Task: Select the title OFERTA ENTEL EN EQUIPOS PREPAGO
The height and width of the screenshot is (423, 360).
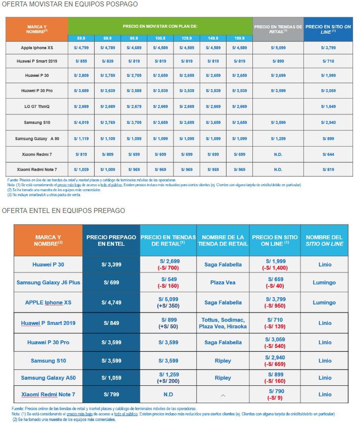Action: pos(63,211)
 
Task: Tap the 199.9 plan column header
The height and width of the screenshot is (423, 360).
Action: pos(239,38)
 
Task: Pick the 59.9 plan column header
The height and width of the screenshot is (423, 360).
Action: pos(81,38)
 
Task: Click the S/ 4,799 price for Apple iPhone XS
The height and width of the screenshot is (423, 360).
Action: pos(81,49)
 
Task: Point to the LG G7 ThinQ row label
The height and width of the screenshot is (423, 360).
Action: pos(37,106)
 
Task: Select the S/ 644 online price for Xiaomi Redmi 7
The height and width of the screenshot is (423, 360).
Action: pos(328,155)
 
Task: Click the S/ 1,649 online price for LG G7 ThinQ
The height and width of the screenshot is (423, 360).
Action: pos(328,106)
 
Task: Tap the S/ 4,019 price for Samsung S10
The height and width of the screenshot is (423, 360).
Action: pos(81,122)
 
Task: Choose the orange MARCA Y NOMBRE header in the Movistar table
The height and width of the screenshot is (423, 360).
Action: pos(37,29)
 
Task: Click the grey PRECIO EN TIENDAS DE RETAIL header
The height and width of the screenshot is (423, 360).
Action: pos(278,29)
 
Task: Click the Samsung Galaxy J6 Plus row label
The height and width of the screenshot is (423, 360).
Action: pos(48,283)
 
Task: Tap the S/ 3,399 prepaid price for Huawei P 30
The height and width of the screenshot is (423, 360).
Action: pos(111,264)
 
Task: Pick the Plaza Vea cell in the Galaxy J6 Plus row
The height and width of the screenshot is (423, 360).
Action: pos(223,283)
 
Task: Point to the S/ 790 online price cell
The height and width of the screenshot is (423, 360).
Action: pos(275,394)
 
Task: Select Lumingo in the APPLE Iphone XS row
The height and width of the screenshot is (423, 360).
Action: pos(325,303)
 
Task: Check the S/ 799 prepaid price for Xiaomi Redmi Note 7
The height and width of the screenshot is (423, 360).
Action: pos(111,394)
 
